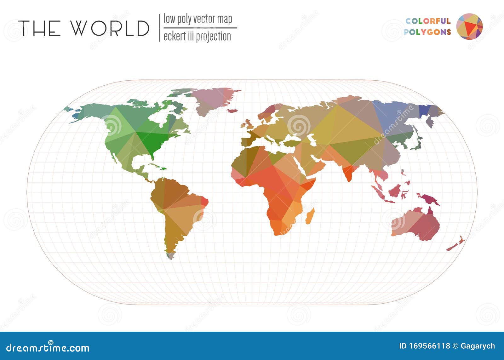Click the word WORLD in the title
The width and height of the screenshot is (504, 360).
tap(110, 28)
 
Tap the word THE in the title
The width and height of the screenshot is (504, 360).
tap(39, 28)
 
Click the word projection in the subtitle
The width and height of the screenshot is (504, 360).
tap(213, 37)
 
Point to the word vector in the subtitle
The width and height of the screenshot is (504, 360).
tap(204, 19)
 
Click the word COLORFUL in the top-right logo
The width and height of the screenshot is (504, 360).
tap(428, 21)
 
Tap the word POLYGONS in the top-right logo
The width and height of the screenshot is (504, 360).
tap(427, 32)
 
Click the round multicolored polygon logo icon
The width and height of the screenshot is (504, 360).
tap(469, 26)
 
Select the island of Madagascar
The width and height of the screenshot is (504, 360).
tap(310, 216)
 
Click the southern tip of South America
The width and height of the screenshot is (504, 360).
tap(170, 256)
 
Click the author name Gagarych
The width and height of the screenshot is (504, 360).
tap(478, 346)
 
